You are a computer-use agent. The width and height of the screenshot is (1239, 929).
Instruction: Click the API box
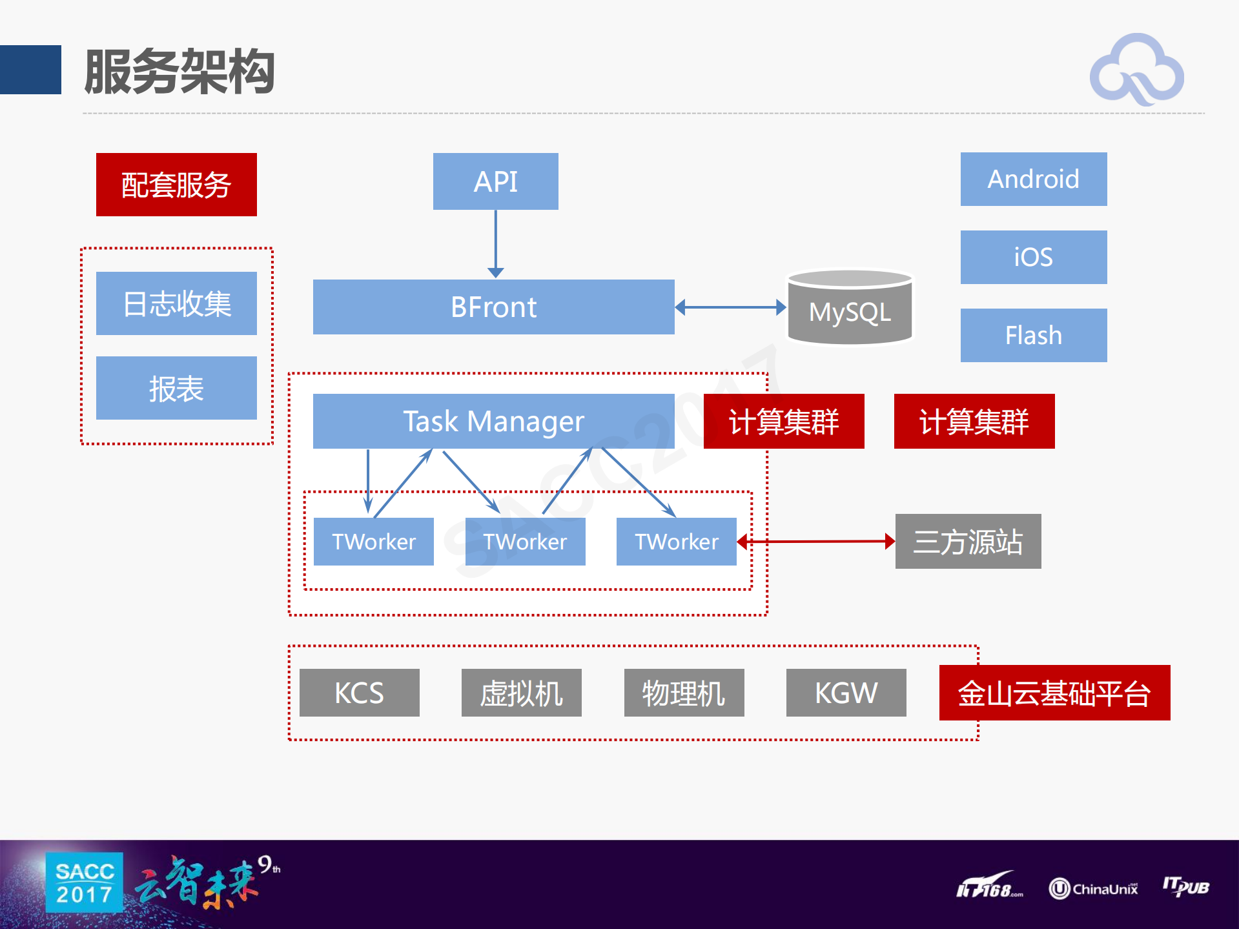click(495, 181)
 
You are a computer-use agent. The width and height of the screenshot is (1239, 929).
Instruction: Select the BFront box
click(493, 307)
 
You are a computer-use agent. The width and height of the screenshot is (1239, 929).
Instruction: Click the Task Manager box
click(493, 421)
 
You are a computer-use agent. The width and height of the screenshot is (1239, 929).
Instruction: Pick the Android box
click(1033, 179)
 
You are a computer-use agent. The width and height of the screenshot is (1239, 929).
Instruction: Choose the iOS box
click(1033, 257)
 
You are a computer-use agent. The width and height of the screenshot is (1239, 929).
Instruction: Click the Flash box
click(1033, 335)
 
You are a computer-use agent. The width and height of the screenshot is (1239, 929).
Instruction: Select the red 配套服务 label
click(176, 185)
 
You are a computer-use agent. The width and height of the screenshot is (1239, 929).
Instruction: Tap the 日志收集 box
click(176, 303)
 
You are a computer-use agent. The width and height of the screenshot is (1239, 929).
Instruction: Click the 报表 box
click(176, 388)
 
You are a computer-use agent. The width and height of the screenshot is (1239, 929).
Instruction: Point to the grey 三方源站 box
click(968, 541)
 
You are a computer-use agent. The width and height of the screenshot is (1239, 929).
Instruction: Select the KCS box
click(359, 693)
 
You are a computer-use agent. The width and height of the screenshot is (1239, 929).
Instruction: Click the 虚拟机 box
click(521, 693)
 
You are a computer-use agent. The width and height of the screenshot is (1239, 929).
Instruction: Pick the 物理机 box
click(684, 693)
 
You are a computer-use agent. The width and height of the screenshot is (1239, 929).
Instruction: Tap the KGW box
click(846, 693)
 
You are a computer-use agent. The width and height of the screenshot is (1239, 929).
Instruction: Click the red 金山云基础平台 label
click(1054, 693)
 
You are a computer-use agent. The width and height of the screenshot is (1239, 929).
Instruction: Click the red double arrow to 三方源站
click(816, 541)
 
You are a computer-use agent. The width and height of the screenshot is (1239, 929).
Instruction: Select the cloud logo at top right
click(1136, 70)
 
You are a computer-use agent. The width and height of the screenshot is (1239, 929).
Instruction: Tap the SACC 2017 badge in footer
click(85, 883)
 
